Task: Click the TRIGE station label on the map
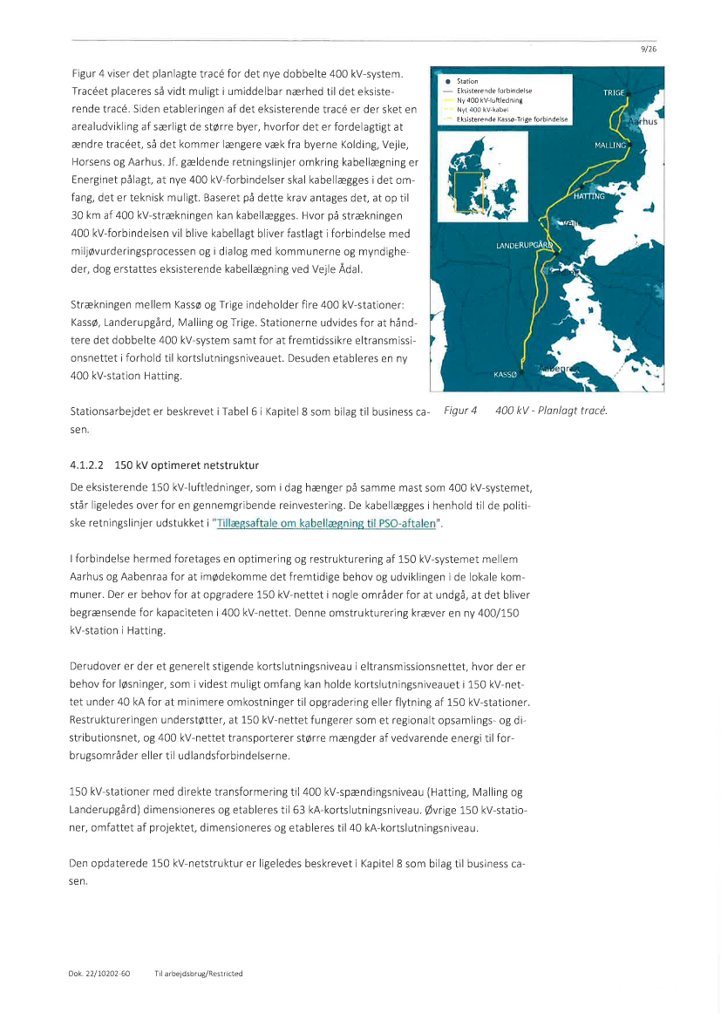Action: tap(613, 92)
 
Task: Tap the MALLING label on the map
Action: tap(610, 145)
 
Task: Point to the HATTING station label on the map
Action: tap(589, 196)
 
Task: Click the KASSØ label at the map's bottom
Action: tap(506, 374)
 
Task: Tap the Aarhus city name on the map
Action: tap(643, 121)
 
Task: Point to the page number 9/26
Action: tap(648, 50)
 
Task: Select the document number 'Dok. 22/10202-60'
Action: tap(99, 973)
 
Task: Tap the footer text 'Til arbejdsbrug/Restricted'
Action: tap(198, 973)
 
